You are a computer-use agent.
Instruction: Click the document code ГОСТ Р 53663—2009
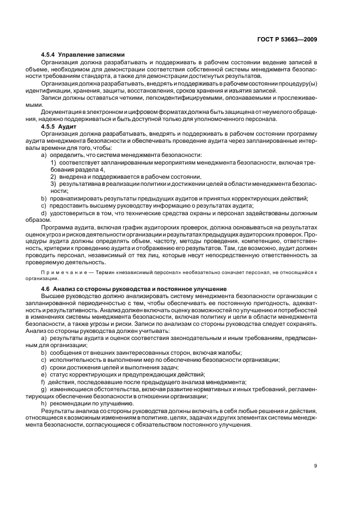point(288,39)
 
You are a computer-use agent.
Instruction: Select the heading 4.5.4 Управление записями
point(83,55)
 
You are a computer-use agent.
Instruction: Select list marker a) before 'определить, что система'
point(44,155)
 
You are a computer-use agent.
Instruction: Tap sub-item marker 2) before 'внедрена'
point(53,177)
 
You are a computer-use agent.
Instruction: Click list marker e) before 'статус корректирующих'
point(44,374)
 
